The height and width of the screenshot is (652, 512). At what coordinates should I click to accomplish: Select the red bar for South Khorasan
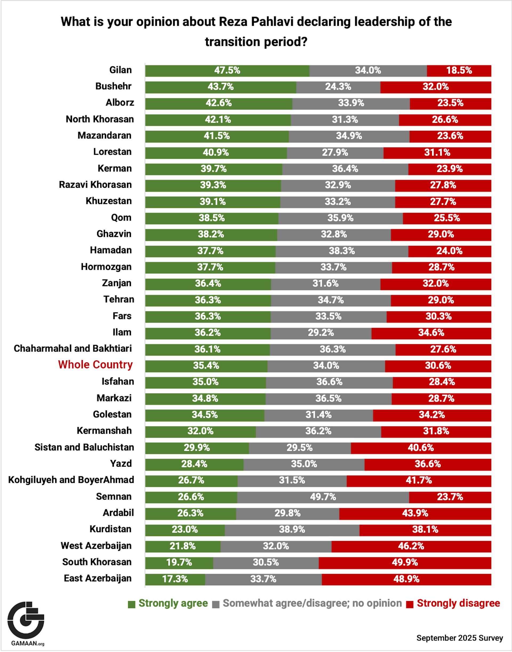tap(405, 563)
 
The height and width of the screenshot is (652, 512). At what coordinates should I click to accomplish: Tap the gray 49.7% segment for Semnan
tap(323, 497)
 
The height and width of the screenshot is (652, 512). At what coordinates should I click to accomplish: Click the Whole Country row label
tap(95, 365)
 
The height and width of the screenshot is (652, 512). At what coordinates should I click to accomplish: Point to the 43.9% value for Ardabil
tap(415, 513)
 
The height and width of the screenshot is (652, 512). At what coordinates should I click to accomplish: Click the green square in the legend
tap(131, 604)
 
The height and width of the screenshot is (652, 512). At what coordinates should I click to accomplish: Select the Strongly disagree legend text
tap(458, 603)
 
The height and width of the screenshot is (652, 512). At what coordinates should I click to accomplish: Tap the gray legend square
tap(215, 604)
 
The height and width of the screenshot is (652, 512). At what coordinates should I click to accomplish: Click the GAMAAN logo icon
tap(26, 620)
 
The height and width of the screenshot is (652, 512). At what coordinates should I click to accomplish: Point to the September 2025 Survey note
tap(459, 638)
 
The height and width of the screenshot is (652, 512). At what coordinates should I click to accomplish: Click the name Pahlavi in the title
tap(271, 22)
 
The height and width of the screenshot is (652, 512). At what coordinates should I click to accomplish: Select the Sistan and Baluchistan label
tap(84, 447)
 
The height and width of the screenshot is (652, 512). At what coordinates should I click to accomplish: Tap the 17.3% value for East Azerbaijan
tap(175, 579)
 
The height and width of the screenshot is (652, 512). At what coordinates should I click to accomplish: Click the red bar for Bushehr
tap(435, 87)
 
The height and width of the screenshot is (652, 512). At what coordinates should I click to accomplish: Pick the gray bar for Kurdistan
tap(292, 529)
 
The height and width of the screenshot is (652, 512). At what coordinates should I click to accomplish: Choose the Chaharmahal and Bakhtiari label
tap(73, 348)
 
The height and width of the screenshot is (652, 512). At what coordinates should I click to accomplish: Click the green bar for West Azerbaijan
tap(183, 546)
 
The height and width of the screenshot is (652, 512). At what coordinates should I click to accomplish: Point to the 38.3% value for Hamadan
tap(342, 251)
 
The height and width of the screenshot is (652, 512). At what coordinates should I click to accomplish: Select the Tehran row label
tap(119, 299)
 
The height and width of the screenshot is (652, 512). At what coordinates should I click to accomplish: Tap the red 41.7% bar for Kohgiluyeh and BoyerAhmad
tap(419, 480)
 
